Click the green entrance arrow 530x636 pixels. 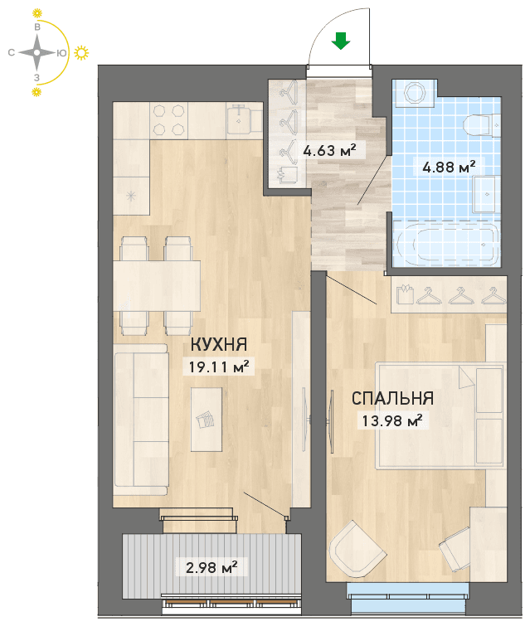341,41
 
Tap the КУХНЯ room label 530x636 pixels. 219,345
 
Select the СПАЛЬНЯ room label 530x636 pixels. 392,398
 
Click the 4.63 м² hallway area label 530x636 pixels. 329,150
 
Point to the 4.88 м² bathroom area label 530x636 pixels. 449,167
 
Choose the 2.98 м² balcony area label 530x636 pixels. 212,567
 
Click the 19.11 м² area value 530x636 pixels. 219,367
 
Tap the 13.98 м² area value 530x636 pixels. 392,420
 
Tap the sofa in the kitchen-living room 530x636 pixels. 141,420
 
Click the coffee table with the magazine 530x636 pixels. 207,420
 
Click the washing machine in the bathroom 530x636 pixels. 415,94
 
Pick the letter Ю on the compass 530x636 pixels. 61,53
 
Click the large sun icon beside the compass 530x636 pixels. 81,53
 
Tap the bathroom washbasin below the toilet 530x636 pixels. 485,194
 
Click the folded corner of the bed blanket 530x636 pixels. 465,377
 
